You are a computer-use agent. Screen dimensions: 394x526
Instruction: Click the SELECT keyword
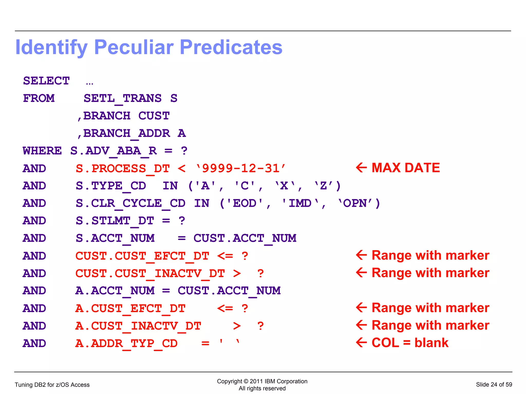46,81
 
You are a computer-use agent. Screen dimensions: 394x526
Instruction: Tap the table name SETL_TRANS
123,98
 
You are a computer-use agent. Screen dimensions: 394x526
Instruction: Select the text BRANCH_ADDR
127,133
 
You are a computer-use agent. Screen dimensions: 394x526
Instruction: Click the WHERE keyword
42,151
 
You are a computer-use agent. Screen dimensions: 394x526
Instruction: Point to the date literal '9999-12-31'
241,168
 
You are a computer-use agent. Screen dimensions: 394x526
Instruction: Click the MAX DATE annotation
406,168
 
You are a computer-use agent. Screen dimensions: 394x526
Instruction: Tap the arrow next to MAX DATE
361,168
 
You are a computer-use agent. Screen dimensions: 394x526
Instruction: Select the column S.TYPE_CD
111,186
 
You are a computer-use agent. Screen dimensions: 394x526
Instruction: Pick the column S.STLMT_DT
115,221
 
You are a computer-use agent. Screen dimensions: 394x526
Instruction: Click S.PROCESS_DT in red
123,168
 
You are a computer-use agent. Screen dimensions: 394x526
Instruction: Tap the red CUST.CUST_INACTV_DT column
150,273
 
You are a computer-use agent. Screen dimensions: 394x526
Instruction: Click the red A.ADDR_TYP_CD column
126,343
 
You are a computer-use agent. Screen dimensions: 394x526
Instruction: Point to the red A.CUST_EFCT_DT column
130,308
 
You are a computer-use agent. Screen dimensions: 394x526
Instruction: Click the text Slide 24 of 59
494,384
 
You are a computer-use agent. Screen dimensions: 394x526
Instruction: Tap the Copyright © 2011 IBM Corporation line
262,381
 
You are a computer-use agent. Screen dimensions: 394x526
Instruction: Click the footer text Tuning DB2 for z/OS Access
52,385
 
